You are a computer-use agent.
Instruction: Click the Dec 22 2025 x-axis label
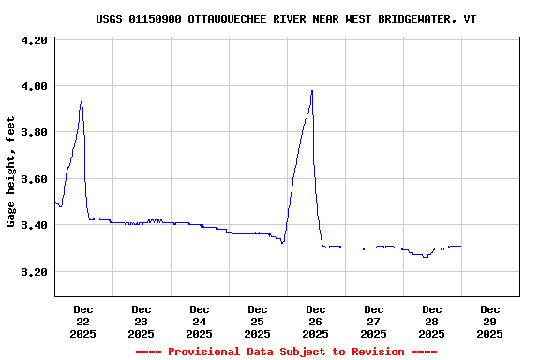82,321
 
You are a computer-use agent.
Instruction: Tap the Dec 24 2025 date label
199,321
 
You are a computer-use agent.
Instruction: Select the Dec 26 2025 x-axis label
315,321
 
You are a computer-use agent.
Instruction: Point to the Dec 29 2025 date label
489,321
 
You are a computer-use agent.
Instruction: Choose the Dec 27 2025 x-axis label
373,321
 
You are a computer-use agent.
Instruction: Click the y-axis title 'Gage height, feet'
11,172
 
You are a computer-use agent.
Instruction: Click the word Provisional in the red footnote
203,352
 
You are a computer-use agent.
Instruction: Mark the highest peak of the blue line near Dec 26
312,91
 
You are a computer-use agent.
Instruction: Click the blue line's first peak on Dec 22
82,102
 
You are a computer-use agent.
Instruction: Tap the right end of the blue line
461,246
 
